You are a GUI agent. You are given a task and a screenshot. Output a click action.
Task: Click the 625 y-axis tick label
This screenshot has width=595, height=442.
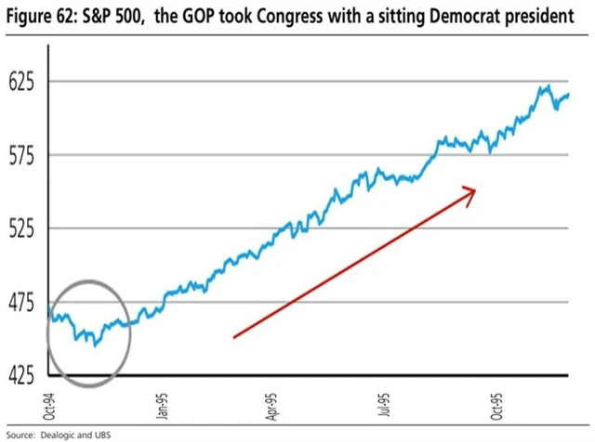20,82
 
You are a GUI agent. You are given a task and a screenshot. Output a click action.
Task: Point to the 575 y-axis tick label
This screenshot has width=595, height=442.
20,155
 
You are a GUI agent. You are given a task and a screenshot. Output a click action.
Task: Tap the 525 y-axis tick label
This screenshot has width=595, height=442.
20,228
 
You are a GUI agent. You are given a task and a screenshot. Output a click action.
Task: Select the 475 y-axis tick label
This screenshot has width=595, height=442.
20,302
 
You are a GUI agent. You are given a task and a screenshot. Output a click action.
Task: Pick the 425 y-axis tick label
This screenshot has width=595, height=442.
20,375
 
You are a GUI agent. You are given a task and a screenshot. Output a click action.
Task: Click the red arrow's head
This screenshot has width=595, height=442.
472,191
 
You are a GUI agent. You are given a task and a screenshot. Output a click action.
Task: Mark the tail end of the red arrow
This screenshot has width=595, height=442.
234,337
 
